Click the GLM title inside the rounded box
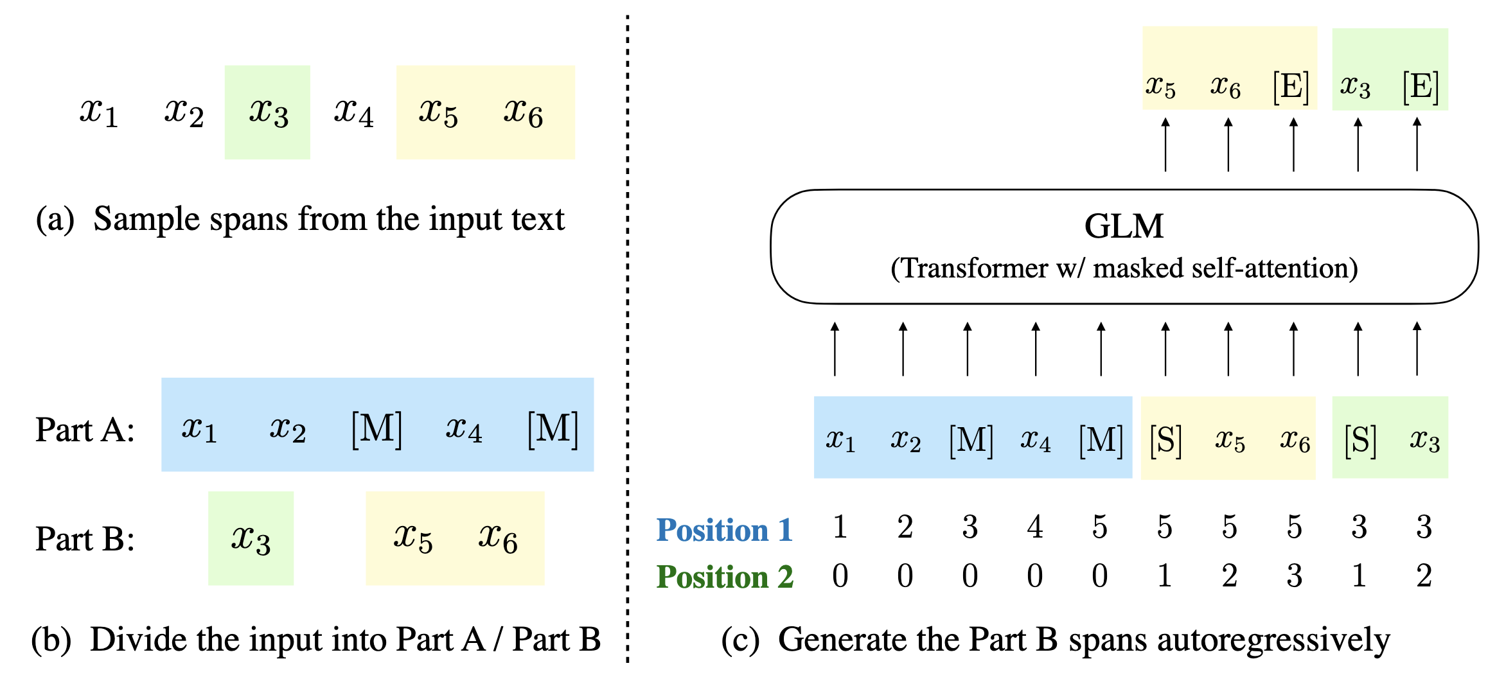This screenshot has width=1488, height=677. point(1124,226)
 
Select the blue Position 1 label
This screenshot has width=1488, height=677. point(724,531)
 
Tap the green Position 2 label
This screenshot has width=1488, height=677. point(725,577)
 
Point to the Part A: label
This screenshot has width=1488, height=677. point(85,430)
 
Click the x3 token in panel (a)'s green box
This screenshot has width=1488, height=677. point(269,112)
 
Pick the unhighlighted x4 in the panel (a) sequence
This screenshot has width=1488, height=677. point(353,112)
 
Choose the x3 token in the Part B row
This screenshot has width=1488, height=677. point(251,539)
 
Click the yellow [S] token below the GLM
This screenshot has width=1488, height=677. point(1165,441)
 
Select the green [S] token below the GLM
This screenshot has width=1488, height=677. point(1360,441)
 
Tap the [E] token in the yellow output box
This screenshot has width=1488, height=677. point(1291,86)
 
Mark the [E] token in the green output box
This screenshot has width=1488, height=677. point(1421,86)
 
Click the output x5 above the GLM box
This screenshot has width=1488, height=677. point(1160,86)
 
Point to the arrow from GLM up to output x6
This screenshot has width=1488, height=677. point(1228,145)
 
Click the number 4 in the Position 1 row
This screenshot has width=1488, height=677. point(1034,527)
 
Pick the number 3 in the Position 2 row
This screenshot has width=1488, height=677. point(1294,576)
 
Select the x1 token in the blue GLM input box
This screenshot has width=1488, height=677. point(840,441)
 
